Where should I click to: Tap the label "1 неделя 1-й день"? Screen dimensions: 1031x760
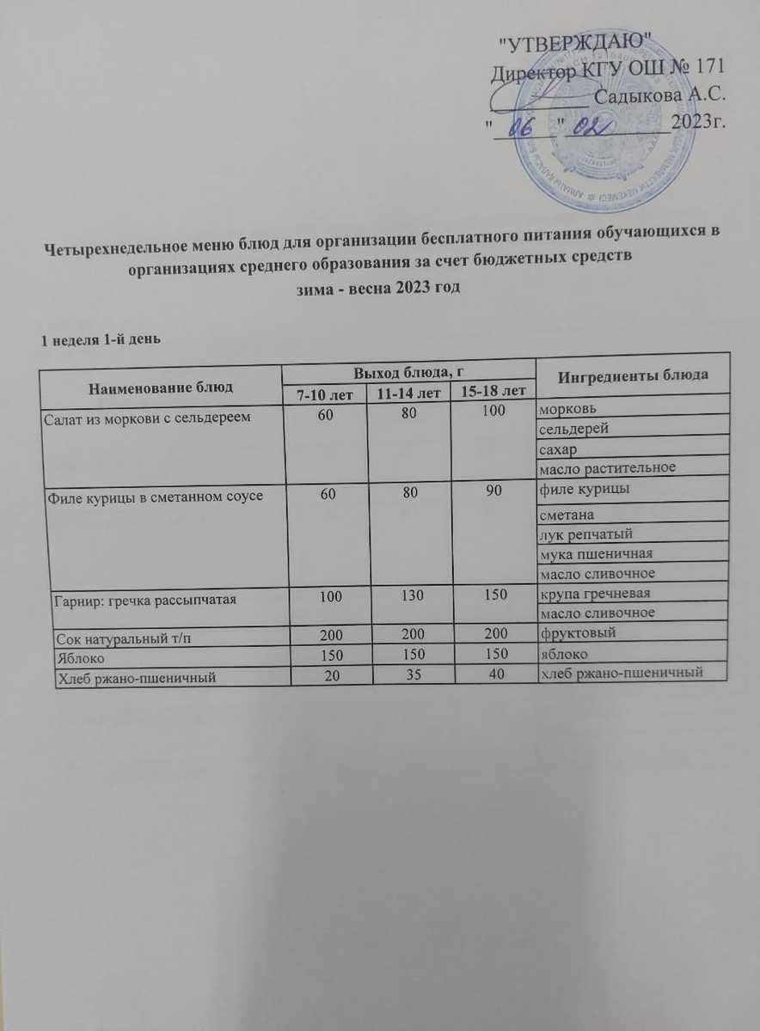[x=96, y=339]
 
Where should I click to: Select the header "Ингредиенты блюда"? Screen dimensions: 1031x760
[x=633, y=375]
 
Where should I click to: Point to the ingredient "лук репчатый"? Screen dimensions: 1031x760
[x=581, y=535]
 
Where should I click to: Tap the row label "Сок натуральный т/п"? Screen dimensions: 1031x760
[x=119, y=638]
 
